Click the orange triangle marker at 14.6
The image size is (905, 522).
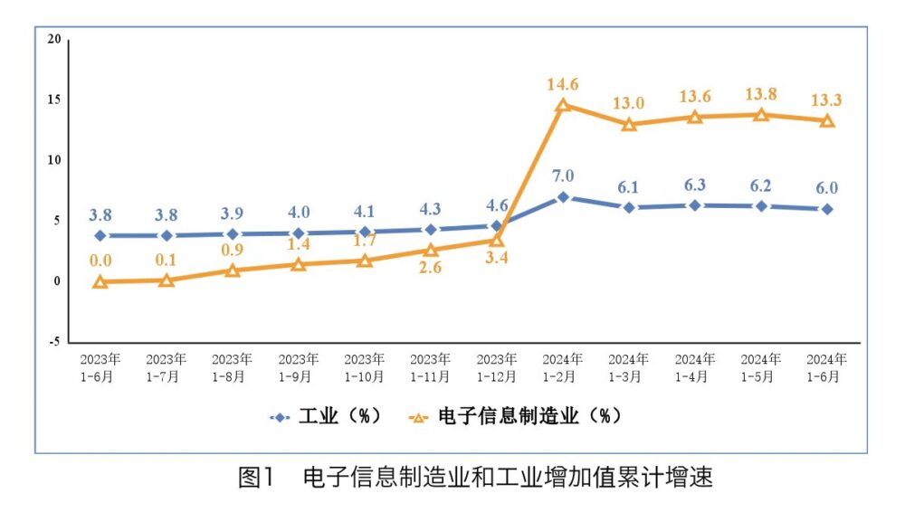[563, 105]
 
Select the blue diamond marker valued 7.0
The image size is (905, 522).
[563, 196]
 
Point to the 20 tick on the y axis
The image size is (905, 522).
[55, 39]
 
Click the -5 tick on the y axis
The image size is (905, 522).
[54, 342]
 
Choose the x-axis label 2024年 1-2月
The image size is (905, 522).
[563, 368]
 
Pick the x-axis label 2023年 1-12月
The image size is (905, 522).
[497, 368]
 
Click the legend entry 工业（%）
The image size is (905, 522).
[325, 417]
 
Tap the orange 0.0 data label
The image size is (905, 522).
[100, 261]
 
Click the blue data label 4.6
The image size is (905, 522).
[497, 204]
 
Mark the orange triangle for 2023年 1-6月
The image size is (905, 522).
[100, 281]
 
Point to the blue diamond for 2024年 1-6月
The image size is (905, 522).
[827, 209]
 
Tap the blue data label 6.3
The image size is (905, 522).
[695, 184]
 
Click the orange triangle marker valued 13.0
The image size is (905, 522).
[629, 124]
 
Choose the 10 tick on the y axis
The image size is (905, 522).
[55, 160]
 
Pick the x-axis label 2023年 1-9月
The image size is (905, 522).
[298, 368]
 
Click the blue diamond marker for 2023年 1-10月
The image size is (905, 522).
[365, 232]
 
